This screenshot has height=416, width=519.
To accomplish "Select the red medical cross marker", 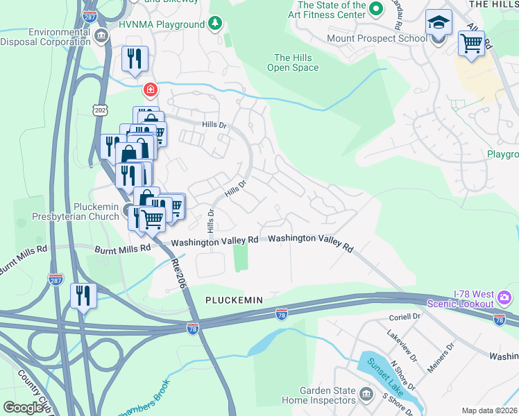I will pyautogui.click(x=150, y=89).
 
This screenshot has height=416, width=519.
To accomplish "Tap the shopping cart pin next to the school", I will pyautogui.click(x=471, y=44).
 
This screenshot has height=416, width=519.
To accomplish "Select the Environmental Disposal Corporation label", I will pyautogui.click(x=46, y=36).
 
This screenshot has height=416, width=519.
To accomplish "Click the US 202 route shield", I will pyautogui.click(x=99, y=110).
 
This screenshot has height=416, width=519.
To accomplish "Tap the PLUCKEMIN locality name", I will pyautogui.click(x=234, y=300).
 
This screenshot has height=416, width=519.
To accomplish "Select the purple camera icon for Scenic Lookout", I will pyautogui.click(x=504, y=298).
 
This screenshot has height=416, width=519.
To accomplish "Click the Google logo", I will pyautogui.click(x=23, y=408).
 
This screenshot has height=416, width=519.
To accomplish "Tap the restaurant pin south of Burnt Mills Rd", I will pyautogui.click(x=83, y=296).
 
